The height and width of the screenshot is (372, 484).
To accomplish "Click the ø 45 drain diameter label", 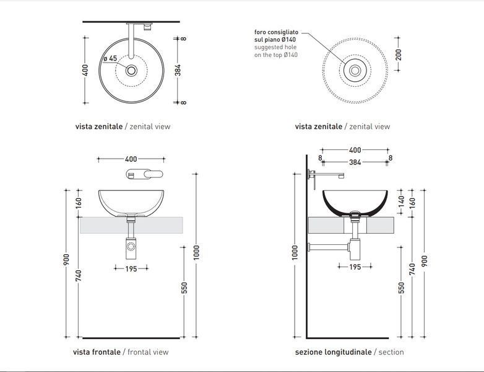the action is tap(110, 58).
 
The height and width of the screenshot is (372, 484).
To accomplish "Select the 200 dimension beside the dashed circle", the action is tap(399, 55).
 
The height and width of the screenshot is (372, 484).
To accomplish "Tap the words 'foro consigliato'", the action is tap(276, 32).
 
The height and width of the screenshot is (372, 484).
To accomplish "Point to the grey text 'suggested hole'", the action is tap(275, 47).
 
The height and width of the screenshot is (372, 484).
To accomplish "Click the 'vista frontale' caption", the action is tap(97, 352).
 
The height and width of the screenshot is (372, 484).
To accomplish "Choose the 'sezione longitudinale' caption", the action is tap(333, 352).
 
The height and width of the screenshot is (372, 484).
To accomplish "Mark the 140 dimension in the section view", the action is tap(401, 201).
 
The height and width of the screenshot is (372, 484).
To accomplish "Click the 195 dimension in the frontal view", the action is tap(131, 268).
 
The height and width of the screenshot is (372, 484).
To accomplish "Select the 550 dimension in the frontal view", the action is tap(184, 288).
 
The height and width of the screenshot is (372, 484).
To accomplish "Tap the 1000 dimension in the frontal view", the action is tap(197, 252).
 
